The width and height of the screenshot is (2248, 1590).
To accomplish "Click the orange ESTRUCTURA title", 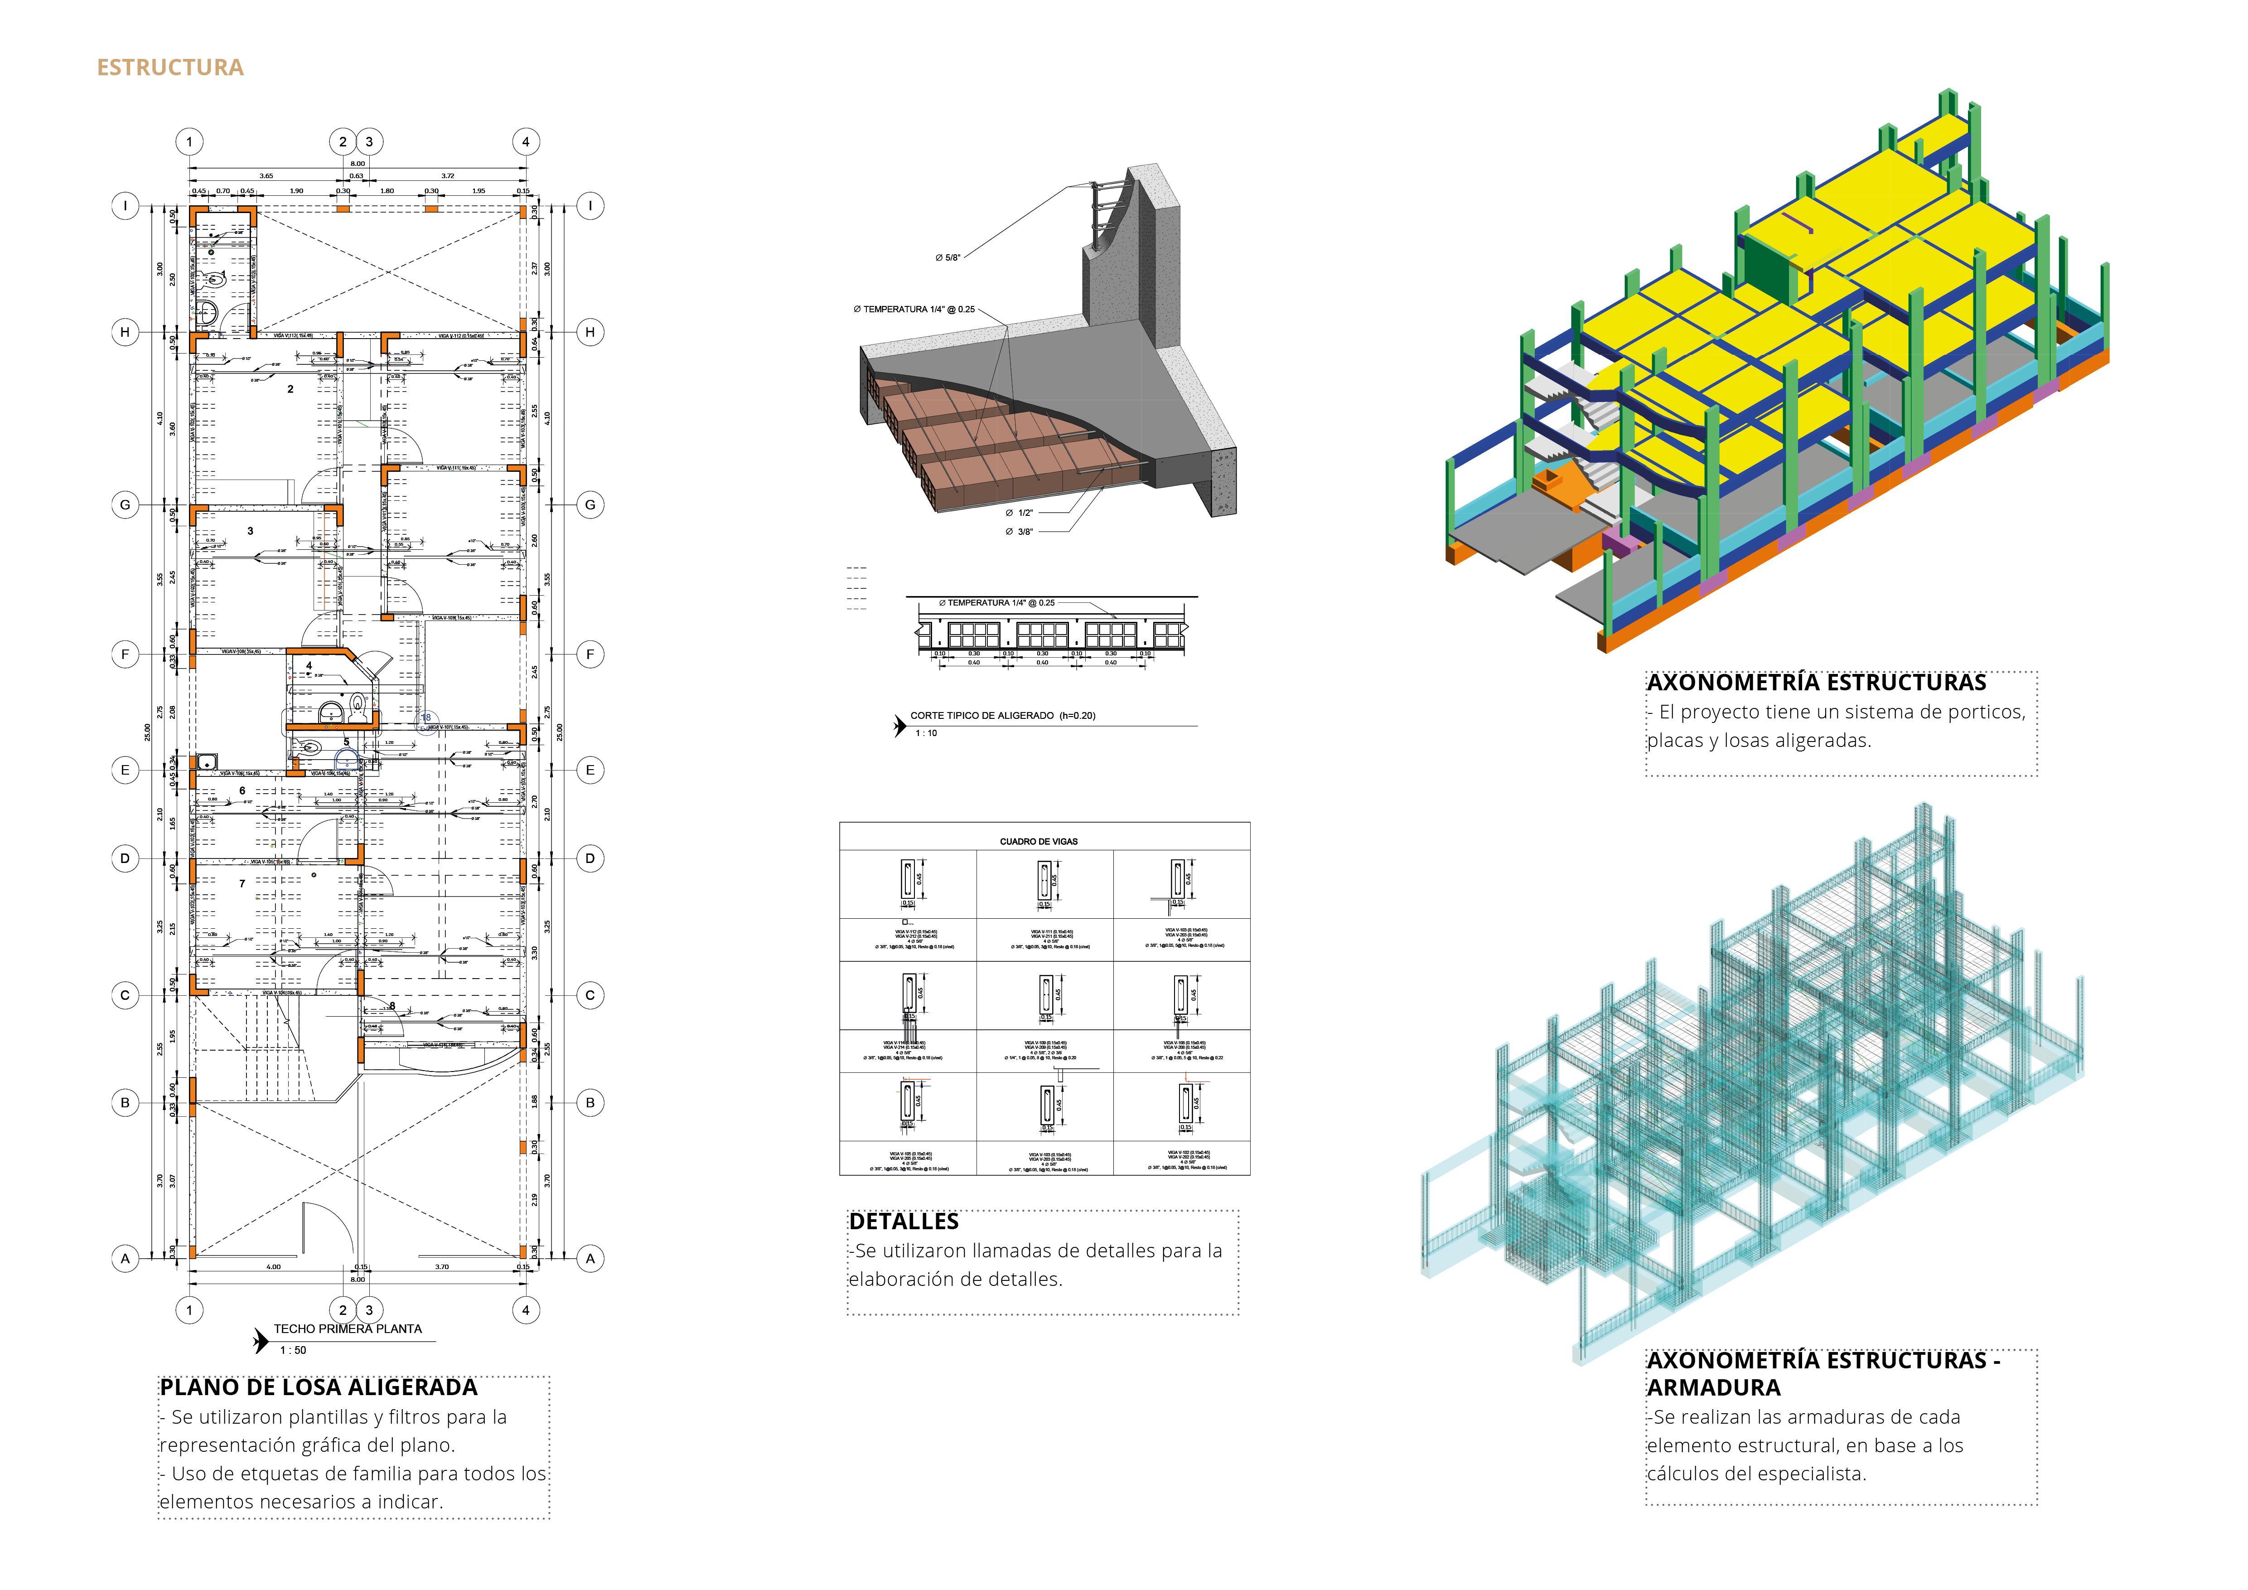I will pyautogui.click(x=169, y=68).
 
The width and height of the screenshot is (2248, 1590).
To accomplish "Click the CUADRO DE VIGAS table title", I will pyautogui.click(x=1039, y=841).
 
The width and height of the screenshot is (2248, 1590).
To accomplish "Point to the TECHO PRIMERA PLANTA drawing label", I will pyautogui.click(x=348, y=1328).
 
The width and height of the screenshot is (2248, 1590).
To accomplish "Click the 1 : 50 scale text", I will pyautogui.click(x=293, y=1350).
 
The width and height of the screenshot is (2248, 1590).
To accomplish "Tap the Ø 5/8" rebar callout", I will pyautogui.click(x=948, y=257).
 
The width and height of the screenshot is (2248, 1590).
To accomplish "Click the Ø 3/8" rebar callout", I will pyautogui.click(x=1019, y=532).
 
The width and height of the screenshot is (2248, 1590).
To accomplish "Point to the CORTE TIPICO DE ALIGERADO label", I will pyautogui.click(x=1003, y=716).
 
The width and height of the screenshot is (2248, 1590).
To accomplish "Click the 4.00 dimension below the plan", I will pyautogui.click(x=273, y=1267).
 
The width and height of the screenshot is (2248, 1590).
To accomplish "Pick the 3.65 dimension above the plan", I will pyautogui.click(x=266, y=176).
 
